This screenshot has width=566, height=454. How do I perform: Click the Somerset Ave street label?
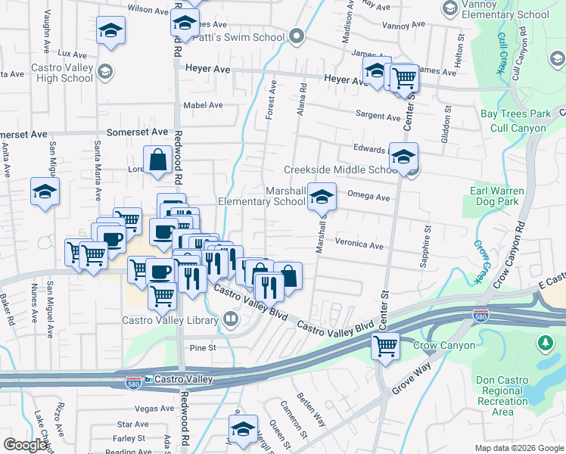pyautogui.click(x=138, y=132)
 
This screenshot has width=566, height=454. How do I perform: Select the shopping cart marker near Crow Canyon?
pyautogui.click(x=385, y=347)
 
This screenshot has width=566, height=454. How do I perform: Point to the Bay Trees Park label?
pyautogui.click(x=516, y=114)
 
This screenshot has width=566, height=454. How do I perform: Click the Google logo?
pyautogui.click(x=26, y=444)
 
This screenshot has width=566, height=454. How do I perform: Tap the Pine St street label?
pyautogui.click(x=202, y=348)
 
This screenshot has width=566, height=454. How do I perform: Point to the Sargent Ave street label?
pyautogui.click(x=378, y=117)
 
